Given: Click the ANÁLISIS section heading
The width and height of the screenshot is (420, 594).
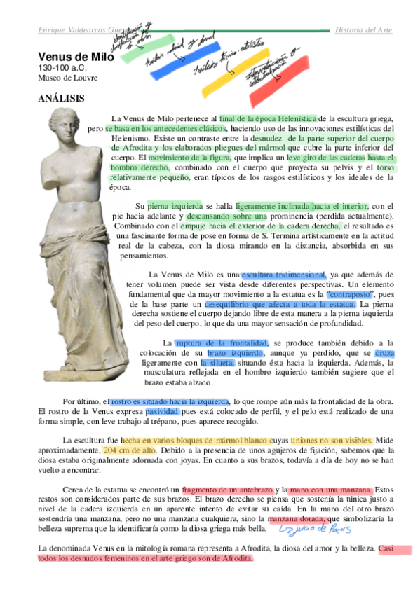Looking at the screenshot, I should tap(61, 99).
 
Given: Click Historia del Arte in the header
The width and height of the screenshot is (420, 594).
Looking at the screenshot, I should tap(363, 31).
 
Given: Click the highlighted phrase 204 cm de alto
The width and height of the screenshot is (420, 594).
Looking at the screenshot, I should tap(129, 450).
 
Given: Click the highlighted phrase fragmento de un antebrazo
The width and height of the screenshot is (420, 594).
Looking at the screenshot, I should tap(226, 488).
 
